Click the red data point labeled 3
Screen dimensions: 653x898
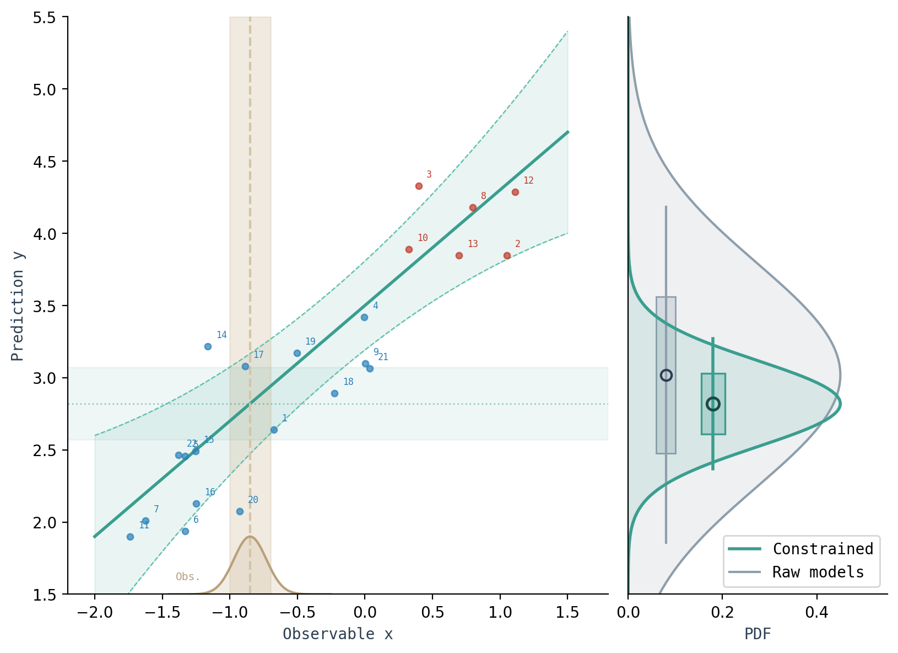419,186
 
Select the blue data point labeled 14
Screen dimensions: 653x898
208,346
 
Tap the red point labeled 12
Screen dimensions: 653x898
515,192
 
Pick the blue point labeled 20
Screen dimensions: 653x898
240,511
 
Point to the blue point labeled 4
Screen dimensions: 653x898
364,317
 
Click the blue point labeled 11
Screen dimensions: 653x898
130,537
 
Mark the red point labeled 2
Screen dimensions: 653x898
507,255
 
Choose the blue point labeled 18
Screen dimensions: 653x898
334,393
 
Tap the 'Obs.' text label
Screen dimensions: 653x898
188,577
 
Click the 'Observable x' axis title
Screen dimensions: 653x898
338,634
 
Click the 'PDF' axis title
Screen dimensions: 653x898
758,634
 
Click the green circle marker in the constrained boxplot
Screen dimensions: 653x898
713,404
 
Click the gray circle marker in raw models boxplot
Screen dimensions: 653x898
666,375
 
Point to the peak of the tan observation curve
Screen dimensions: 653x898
250,536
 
